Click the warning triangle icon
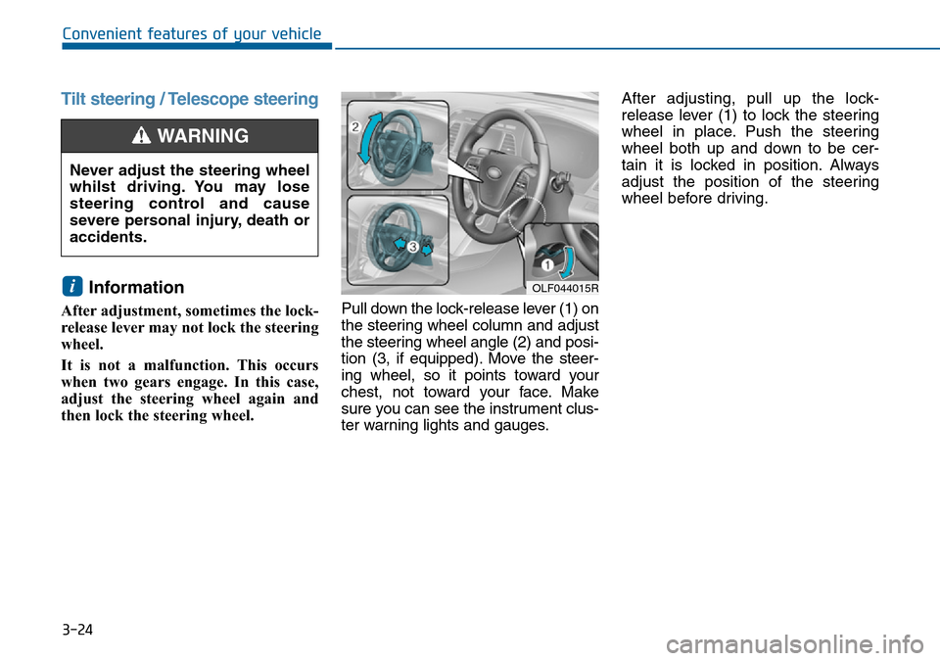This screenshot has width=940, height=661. click(x=141, y=135)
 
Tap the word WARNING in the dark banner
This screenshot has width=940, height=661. click(x=203, y=136)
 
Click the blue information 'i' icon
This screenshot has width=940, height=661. click(x=71, y=287)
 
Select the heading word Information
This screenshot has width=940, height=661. click(x=136, y=287)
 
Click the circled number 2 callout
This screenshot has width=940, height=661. click(x=354, y=126)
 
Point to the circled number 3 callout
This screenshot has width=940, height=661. click(x=412, y=246)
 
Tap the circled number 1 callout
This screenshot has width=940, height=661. click(x=547, y=264)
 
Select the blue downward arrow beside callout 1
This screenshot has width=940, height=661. click(x=567, y=263)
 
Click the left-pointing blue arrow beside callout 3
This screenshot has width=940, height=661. click(x=399, y=242)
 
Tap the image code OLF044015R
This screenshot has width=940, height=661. click(x=565, y=289)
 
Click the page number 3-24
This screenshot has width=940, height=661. click(x=77, y=630)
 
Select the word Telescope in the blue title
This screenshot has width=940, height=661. click(x=206, y=99)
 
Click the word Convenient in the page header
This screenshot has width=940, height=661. click(x=103, y=33)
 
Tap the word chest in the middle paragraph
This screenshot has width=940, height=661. click(x=361, y=392)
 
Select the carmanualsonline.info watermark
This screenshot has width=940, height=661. click(x=795, y=644)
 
